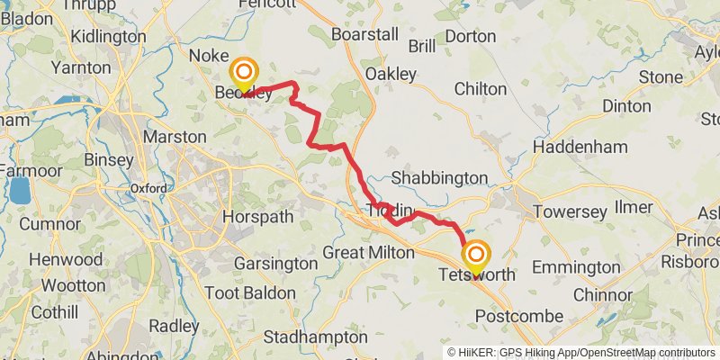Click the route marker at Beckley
click(244, 74)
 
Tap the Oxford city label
click(148, 188)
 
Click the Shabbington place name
click(439, 178)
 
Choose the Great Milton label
click(368, 253)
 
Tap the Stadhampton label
click(315, 337)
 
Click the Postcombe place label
click(518, 316)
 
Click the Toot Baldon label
click(249, 293)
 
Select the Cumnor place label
click(49, 223)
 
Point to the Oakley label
click(391, 74)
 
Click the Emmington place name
click(576, 267)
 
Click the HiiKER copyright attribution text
click(581, 352)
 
